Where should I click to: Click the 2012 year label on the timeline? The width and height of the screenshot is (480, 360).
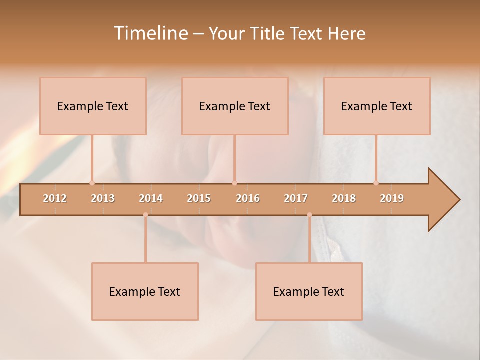pyautogui.click(x=55, y=198)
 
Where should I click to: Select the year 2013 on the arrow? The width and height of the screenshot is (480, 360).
pyautogui.click(x=103, y=198)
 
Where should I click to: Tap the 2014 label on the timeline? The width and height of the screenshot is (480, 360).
pyautogui.click(x=151, y=198)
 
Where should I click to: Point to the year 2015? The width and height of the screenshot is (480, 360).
pyautogui.click(x=199, y=198)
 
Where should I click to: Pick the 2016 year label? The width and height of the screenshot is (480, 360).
pyautogui.click(x=248, y=198)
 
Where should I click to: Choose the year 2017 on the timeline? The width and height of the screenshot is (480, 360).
pyautogui.click(x=296, y=198)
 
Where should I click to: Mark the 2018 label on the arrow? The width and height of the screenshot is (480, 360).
pyautogui.click(x=344, y=198)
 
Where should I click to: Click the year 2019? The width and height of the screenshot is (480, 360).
pyautogui.click(x=392, y=198)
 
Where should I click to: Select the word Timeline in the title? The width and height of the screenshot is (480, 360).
pyautogui.click(x=150, y=33)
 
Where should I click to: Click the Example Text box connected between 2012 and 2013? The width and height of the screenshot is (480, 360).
pyautogui.click(x=93, y=106)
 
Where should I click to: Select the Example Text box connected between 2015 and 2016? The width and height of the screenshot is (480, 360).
pyautogui.click(x=235, y=106)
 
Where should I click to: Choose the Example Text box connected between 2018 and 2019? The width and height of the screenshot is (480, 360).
pyautogui.click(x=377, y=106)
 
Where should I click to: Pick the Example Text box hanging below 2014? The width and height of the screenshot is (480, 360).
pyautogui.click(x=145, y=291)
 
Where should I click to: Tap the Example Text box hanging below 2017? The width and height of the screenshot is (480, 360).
pyautogui.click(x=309, y=291)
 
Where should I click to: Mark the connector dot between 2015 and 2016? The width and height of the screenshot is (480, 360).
pyautogui.click(x=234, y=183)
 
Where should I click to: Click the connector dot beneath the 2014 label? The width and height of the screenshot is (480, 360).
pyautogui.click(x=145, y=215)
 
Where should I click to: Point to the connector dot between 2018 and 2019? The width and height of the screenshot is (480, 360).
pyautogui.click(x=376, y=183)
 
